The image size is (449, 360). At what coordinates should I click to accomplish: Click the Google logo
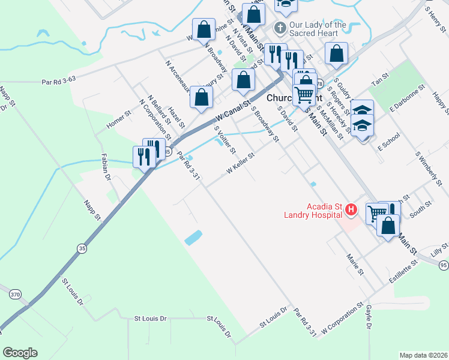click(20, 353)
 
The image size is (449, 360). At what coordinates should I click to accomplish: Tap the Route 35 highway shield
click(81, 247)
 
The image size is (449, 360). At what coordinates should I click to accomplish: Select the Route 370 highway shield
click(15, 294)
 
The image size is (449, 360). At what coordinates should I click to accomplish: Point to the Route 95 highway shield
click(443, 265)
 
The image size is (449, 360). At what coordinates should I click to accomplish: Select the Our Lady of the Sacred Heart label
click(318, 28)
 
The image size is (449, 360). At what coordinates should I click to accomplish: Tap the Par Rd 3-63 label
click(58, 80)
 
